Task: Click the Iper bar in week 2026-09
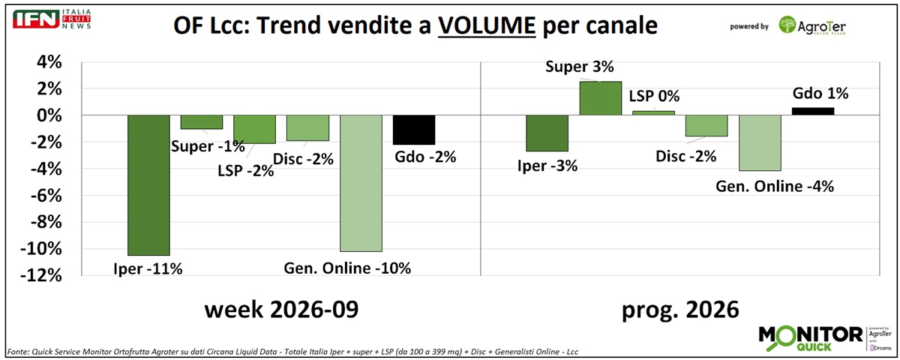click(148, 184)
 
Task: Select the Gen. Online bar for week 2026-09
click(361, 183)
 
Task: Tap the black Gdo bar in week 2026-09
click(414, 129)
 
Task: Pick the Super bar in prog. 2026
click(600, 98)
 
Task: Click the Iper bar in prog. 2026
click(547, 133)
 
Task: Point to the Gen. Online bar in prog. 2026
click(760, 142)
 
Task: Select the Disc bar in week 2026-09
click(307, 127)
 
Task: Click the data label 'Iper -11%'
click(148, 268)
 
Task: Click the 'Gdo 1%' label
click(820, 94)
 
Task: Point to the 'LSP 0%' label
click(652, 96)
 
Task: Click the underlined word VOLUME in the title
click(487, 26)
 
